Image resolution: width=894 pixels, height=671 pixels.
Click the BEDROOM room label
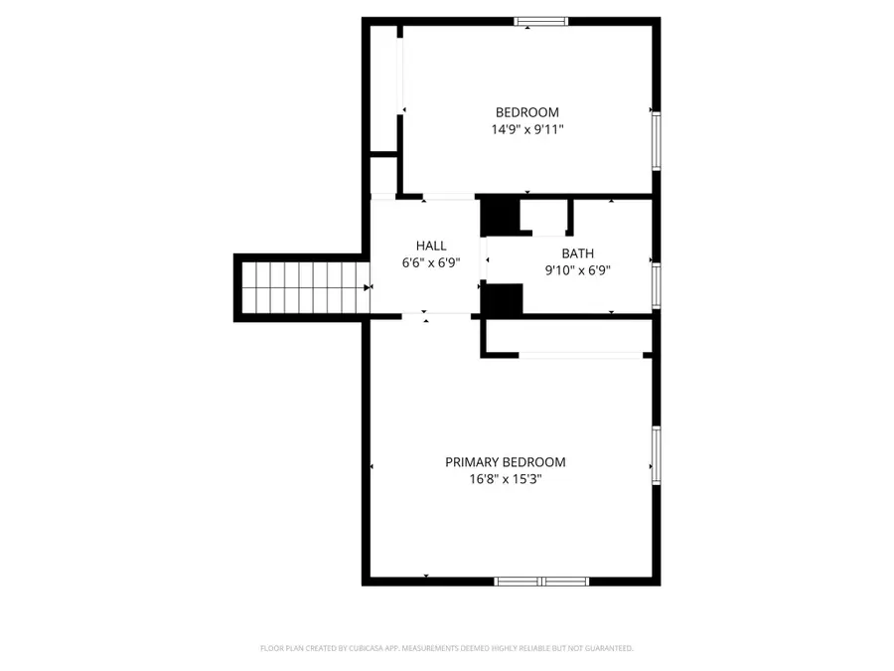coord(527,112)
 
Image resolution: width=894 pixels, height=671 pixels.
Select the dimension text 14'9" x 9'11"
coord(527,130)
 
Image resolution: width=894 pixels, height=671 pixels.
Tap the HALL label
coord(431,246)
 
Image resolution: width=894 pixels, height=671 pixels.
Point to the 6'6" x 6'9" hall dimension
coord(431,263)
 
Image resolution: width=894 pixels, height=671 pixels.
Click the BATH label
coord(577,253)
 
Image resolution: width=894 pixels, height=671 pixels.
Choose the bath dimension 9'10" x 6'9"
coord(577,270)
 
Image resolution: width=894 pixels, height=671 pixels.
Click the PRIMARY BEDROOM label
coord(505,462)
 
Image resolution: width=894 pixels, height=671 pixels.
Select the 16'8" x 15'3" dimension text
coord(505,479)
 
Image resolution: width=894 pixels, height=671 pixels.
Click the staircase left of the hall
coord(302,287)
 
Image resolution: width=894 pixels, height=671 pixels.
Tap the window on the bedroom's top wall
coord(541,21)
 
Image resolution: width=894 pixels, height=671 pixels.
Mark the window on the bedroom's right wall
coord(656,140)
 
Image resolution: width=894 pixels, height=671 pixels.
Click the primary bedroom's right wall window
coord(656,455)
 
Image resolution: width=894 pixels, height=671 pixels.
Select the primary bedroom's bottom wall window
coord(541,581)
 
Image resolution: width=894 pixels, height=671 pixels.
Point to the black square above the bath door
coord(500,216)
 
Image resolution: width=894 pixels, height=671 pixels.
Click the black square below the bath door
coord(502,299)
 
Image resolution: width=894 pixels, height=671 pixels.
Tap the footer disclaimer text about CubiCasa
coord(446,648)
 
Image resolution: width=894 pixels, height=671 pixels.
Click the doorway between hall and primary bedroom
coord(437,315)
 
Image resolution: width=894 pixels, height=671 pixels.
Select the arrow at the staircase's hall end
coord(368,287)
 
